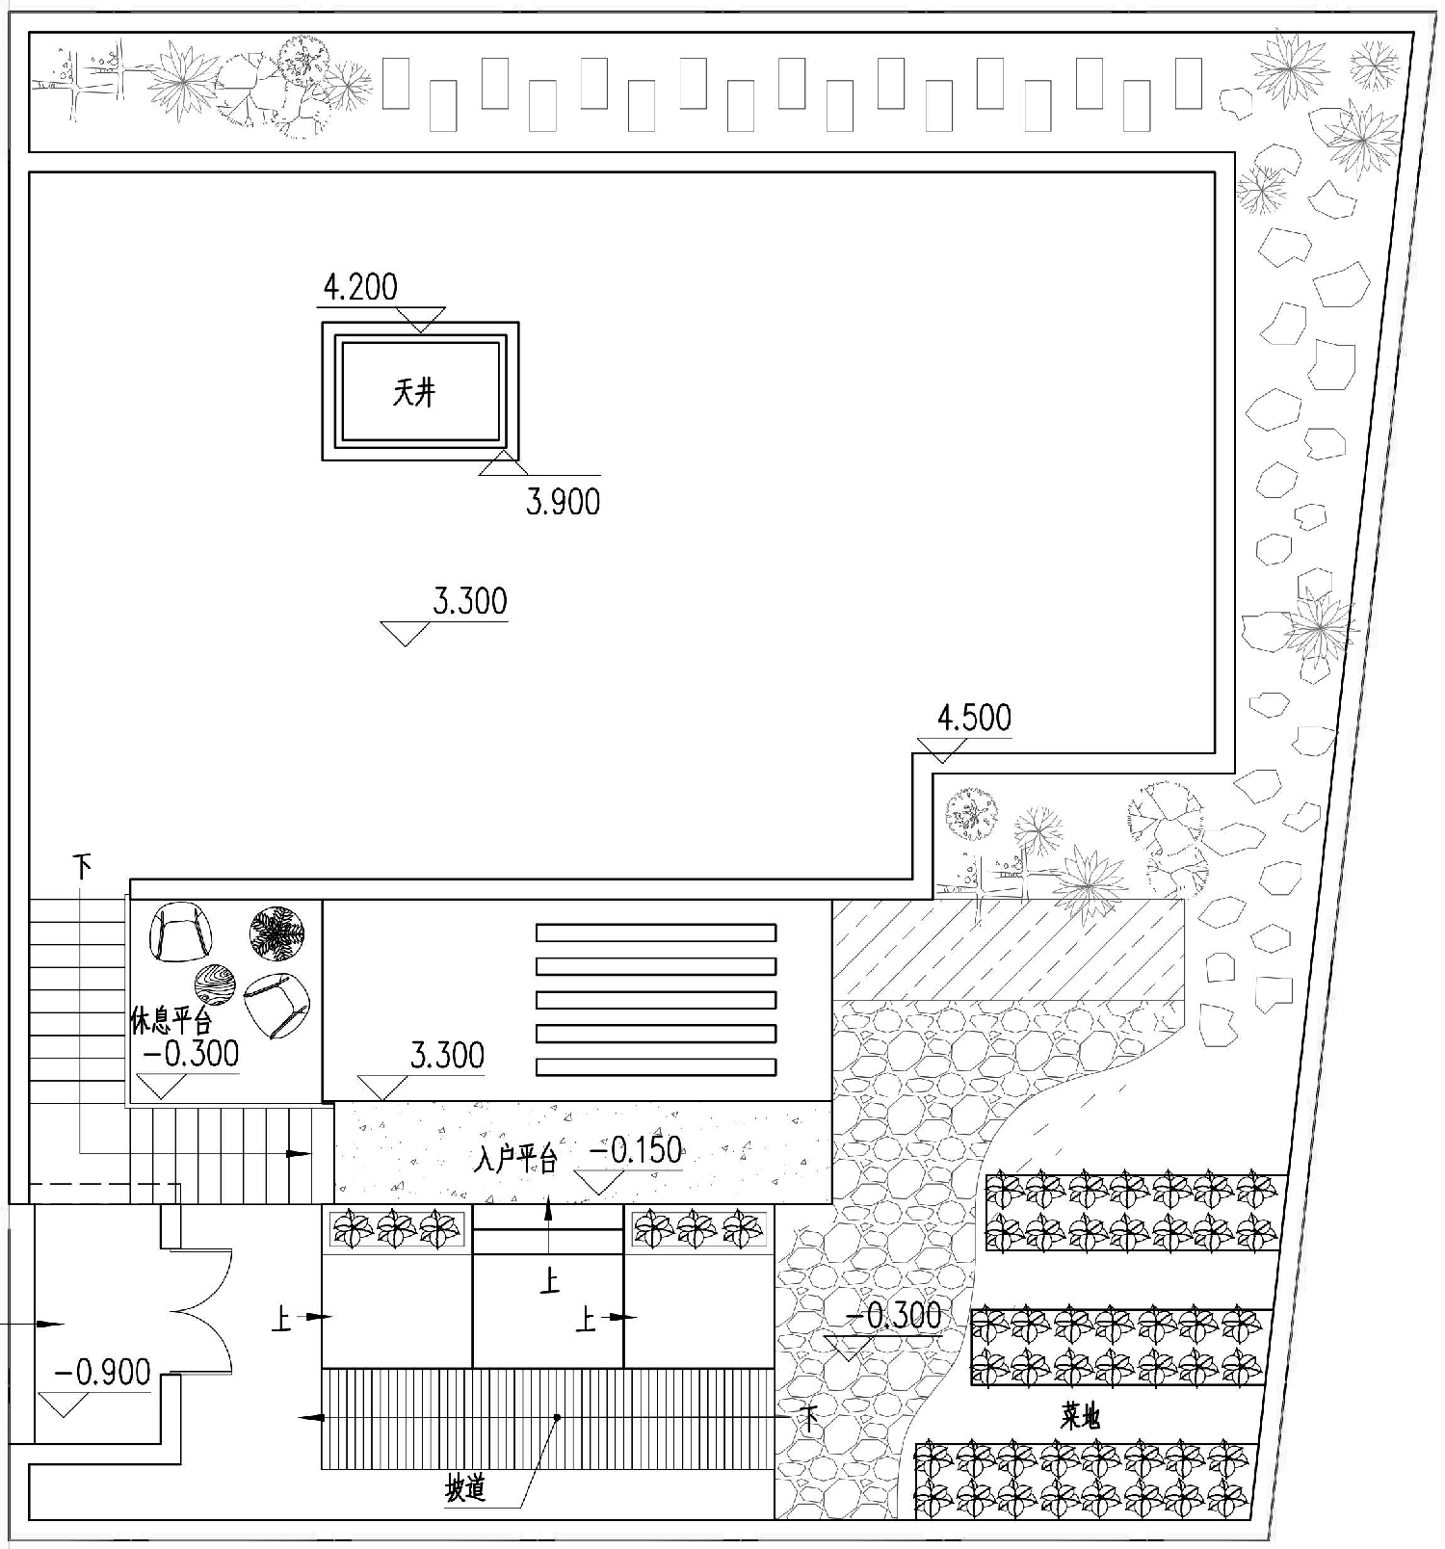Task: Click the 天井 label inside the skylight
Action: (x=414, y=393)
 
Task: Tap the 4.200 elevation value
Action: (x=360, y=287)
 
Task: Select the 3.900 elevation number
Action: (x=563, y=502)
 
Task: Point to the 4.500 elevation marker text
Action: (x=974, y=718)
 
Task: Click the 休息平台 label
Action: (x=171, y=1020)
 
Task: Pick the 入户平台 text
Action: (x=516, y=1157)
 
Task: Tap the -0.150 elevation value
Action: (x=635, y=1150)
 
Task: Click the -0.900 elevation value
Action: (x=102, y=1372)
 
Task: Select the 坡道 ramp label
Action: (x=464, y=1488)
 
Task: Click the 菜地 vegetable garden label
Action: (x=1080, y=1416)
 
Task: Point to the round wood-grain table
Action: (x=215, y=985)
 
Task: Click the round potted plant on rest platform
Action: (x=277, y=933)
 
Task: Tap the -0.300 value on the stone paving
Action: (x=894, y=1316)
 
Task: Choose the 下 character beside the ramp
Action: (x=809, y=1416)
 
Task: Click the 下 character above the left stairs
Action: (x=83, y=867)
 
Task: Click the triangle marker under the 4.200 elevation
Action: (x=421, y=320)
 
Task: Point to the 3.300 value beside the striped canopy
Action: (x=447, y=1056)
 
